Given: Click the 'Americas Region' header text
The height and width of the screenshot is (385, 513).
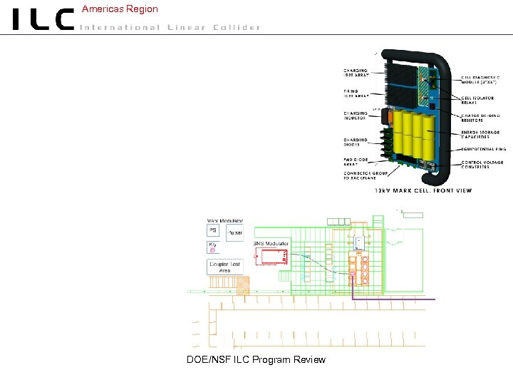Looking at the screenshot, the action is point(120,9).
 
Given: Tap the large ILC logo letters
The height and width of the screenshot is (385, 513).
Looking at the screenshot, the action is point(43,19).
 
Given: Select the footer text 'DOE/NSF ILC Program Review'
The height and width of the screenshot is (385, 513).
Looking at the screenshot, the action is point(256,359).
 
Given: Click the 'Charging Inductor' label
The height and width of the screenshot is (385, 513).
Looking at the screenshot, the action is point(356,115).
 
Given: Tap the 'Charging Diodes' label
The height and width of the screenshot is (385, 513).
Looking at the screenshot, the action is point(356,142).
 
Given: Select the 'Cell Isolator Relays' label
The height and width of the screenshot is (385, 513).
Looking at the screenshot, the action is point(478,100).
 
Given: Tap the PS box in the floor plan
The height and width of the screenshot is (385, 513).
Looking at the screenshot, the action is point(212,231).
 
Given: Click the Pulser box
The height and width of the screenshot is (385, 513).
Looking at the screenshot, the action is point(234,232).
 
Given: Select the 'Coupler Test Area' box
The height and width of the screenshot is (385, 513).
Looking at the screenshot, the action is point(224,267).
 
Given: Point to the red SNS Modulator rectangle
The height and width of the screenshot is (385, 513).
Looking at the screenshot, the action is point(271,256).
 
